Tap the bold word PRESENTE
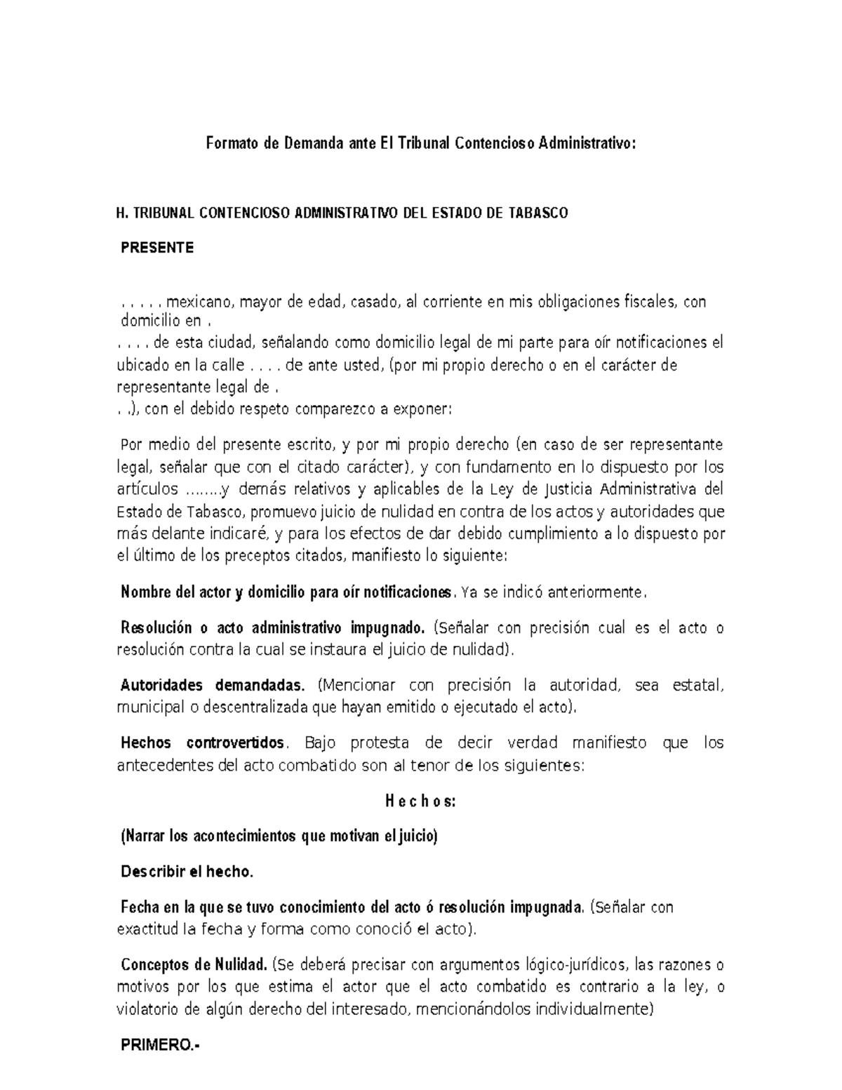157,248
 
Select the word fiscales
650,303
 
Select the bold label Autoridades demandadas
213,685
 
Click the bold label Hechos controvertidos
203,743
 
